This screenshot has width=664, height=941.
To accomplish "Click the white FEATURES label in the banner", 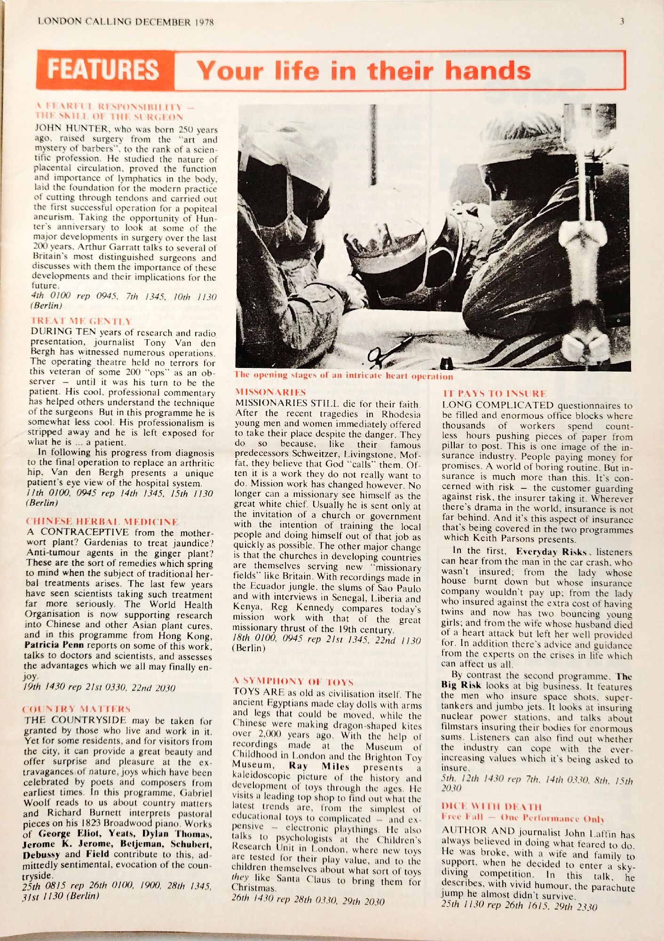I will (x=103, y=70).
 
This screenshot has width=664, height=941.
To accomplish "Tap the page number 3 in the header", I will (x=622, y=21).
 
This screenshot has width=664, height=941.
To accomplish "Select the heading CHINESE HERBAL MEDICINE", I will (x=102, y=521).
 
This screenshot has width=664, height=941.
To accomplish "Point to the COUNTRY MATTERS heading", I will (x=77, y=709).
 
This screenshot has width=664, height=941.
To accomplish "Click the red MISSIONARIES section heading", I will (x=270, y=392).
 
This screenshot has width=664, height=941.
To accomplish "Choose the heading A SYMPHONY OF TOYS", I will (x=293, y=682).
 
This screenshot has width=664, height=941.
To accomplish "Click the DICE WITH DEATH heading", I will (x=491, y=807).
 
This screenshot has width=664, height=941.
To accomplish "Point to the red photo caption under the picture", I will (x=344, y=376).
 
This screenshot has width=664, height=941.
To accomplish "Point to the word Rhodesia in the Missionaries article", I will (x=401, y=414).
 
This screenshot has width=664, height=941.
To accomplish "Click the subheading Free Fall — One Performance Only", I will (x=522, y=818).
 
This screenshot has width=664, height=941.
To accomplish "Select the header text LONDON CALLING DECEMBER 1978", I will (x=126, y=22).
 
